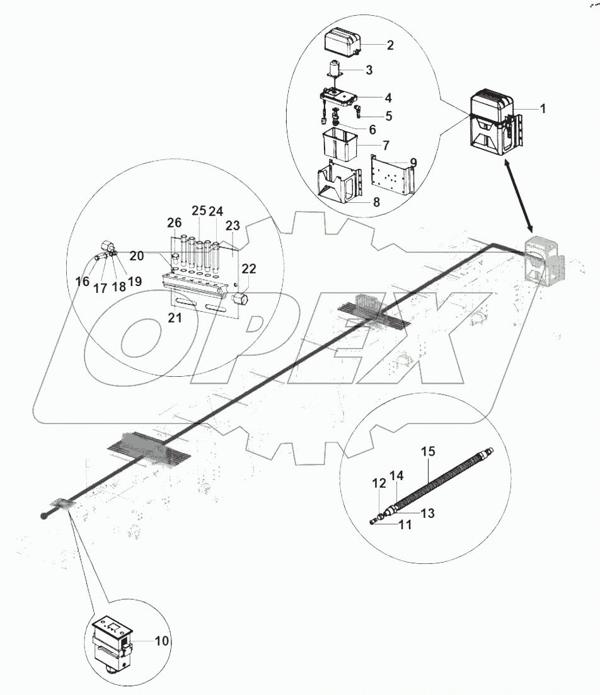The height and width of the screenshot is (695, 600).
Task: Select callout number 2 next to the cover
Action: click(x=390, y=45)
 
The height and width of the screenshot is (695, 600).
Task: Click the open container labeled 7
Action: click(x=339, y=143)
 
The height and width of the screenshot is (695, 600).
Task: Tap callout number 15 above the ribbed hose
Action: click(x=428, y=451)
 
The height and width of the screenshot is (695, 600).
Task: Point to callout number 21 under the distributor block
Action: click(x=175, y=318)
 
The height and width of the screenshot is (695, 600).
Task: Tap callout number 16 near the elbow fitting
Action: click(x=82, y=282)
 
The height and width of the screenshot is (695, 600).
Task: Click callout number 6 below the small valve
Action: click(x=372, y=129)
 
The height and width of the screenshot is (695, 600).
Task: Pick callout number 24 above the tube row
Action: click(x=217, y=210)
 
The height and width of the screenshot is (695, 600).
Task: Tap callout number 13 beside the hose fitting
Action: click(x=428, y=514)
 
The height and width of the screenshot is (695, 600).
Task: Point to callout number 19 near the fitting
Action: click(x=135, y=282)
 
